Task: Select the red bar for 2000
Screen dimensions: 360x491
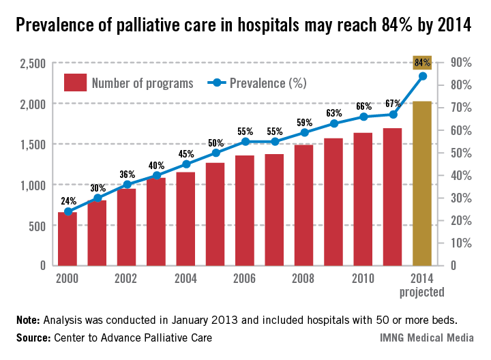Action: pos(67,239)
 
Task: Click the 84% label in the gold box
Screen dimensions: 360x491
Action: pos(422,63)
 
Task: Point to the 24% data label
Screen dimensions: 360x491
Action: pos(68,201)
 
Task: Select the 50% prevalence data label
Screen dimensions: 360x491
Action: pos(215,162)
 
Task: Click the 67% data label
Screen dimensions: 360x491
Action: pos(393,103)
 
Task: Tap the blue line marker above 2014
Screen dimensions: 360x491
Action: pos(422,76)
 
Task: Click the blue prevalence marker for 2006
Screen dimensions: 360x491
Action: pos(245,142)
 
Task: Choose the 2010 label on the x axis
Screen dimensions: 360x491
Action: pos(363,279)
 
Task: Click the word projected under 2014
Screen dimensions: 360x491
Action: pos(422,292)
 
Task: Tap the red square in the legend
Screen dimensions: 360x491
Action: pos(75,82)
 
